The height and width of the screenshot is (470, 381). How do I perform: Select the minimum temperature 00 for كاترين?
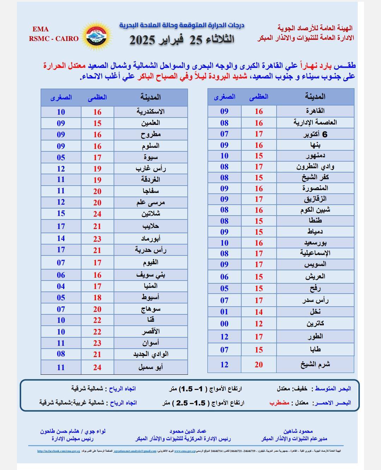point(224,324)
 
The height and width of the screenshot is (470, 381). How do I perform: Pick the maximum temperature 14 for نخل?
point(259,312)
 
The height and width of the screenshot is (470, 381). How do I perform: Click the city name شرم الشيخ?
point(315,364)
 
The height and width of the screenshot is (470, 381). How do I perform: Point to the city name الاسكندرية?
point(151,112)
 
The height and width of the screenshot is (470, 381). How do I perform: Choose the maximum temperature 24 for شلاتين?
point(97,214)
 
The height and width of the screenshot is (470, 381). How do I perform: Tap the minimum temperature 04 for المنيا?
point(61,286)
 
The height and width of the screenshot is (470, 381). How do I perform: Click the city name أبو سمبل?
point(151,367)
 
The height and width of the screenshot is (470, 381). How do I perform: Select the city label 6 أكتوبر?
point(315,134)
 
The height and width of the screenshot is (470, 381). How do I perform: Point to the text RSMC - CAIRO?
point(54,38)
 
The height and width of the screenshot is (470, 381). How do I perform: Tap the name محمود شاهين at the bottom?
point(298,431)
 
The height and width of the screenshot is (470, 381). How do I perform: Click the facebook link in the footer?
point(59,451)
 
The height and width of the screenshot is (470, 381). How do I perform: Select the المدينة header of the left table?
point(151,97)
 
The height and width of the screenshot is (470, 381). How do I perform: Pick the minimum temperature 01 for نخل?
point(224,312)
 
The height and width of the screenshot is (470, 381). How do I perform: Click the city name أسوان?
point(151,343)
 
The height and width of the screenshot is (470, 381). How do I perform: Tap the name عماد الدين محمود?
point(188,431)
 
